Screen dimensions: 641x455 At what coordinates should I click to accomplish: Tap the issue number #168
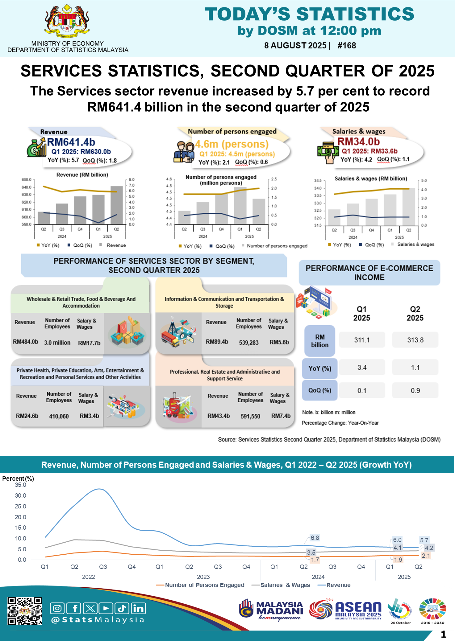click(x=347, y=46)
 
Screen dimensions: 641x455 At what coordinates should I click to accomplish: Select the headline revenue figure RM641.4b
click(x=71, y=142)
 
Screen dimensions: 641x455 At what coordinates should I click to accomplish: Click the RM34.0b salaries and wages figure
click(x=358, y=142)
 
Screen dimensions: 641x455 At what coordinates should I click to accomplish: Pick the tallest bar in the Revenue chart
click(x=116, y=205)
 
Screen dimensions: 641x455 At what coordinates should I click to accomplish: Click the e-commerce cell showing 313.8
click(x=415, y=340)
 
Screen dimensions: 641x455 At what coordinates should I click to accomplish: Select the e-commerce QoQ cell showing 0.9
click(x=415, y=391)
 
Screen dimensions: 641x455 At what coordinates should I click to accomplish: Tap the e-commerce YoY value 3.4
click(x=362, y=368)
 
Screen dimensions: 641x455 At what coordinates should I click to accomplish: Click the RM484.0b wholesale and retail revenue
click(x=26, y=342)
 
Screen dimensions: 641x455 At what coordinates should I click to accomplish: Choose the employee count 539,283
click(x=248, y=343)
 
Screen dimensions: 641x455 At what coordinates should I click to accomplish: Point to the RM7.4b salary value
click(x=281, y=416)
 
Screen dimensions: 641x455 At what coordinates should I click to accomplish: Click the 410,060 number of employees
click(x=59, y=416)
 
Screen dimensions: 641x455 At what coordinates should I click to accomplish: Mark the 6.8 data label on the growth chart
click(x=315, y=538)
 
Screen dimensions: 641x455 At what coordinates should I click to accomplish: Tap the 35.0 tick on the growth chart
click(x=21, y=485)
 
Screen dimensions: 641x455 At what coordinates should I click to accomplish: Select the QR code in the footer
click(x=25, y=611)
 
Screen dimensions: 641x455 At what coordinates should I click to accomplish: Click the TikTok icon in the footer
click(x=122, y=608)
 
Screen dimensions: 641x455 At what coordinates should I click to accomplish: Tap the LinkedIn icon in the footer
click(x=138, y=608)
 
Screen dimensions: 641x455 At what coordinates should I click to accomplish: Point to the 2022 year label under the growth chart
click(x=88, y=577)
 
